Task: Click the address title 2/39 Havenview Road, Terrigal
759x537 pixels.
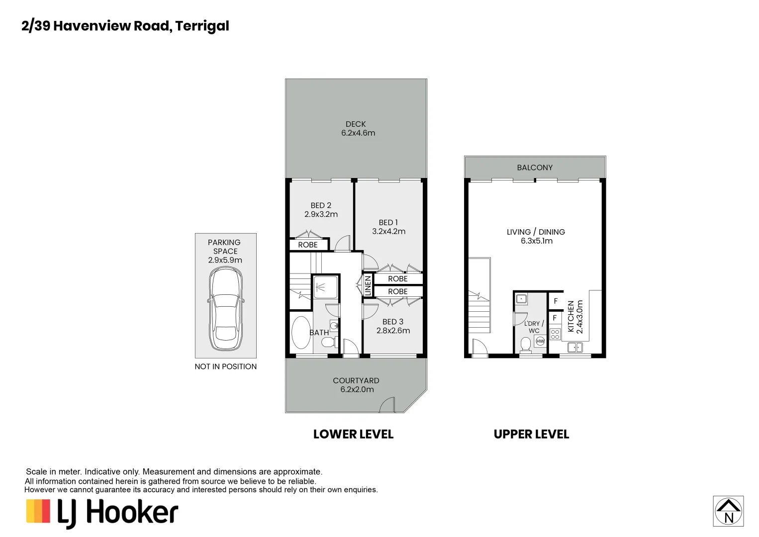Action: [x=125, y=26]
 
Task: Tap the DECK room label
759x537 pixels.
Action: [x=356, y=124]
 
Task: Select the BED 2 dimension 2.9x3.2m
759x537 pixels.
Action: [x=321, y=214]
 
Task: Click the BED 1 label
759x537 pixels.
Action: [x=388, y=222]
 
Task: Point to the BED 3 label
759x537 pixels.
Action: [x=392, y=322]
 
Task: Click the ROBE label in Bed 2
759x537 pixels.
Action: [x=307, y=245]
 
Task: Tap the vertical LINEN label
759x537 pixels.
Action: [x=368, y=286]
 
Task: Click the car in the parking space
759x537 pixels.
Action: [x=225, y=309]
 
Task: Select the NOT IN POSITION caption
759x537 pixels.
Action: [x=225, y=366]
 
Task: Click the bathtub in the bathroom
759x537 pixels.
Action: [x=300, y=332]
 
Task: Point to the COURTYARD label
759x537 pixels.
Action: [x=356, y=380]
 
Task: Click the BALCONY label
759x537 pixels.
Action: [x=535, y=168]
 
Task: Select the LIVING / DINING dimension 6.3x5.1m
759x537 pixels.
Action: [x=536, y=241]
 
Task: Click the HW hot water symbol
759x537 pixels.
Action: [x=540, y=341]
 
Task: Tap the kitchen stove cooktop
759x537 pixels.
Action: [x=555, y=334]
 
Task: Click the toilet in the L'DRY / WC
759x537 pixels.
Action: [x=526, y=344]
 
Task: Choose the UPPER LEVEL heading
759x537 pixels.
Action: [x=531, y=434]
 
